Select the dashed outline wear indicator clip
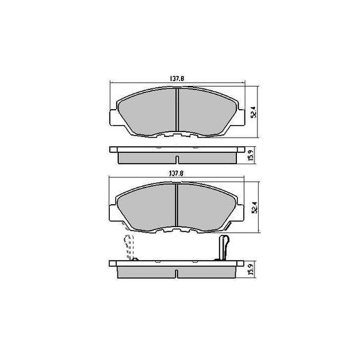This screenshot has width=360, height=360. [x=129, y=247]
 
